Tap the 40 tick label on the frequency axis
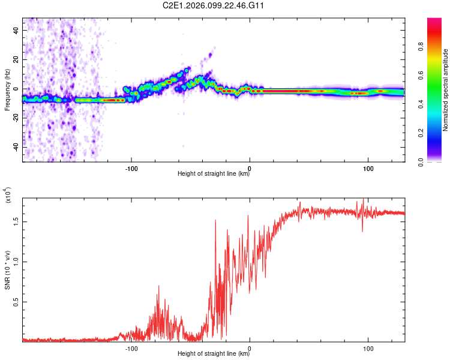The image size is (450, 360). coord(16,30)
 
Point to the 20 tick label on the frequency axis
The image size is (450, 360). coord(16,59)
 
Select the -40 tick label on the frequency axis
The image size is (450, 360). coord(15,147)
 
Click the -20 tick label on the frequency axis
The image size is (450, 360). coord(15,118)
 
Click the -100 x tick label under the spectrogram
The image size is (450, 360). coord(132,167)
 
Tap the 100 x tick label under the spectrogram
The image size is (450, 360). coord(368,167)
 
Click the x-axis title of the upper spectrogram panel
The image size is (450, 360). coord(214,174)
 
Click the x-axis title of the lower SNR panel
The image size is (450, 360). coord(214,354)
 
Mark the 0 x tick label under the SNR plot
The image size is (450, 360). coord(250,347)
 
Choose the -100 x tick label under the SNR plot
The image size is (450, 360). coord(132,347)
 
